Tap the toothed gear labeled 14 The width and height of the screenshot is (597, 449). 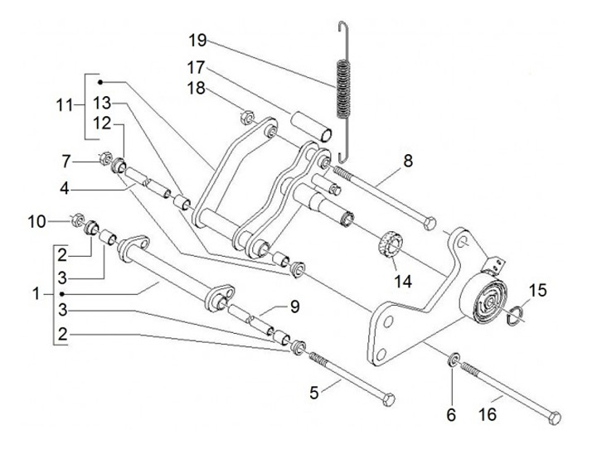[x=390, y=247]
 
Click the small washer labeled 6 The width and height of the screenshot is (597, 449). [x=454, y=360]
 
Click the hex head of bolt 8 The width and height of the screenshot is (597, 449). [x=429, y=222]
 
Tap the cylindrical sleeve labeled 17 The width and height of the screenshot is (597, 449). [x=311, y=123]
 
